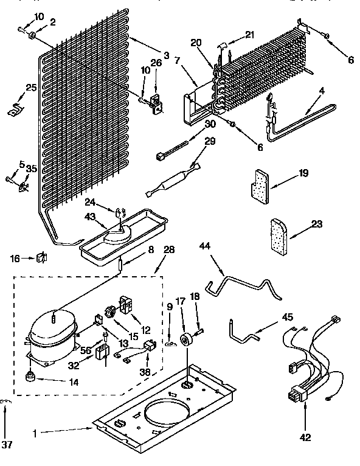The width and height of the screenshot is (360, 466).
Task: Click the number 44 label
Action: pyautogui.click(x=204, y=246)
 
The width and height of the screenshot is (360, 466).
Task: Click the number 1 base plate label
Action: pyautogui.click(x=35, y=433)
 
